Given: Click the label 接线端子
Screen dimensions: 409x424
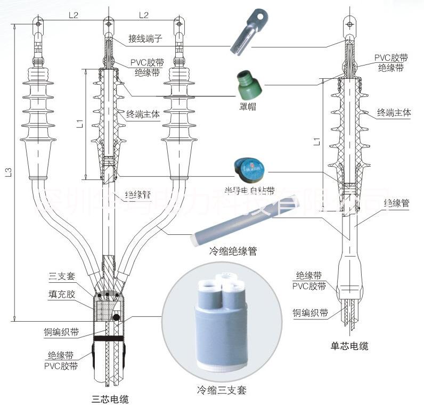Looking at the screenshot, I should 144,39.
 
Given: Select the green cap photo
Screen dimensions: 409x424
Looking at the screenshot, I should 248,83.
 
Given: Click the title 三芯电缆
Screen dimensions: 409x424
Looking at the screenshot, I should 110,398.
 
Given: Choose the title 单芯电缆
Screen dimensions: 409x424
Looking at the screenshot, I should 349,347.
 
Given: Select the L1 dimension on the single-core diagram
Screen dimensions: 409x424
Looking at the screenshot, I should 316,142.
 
